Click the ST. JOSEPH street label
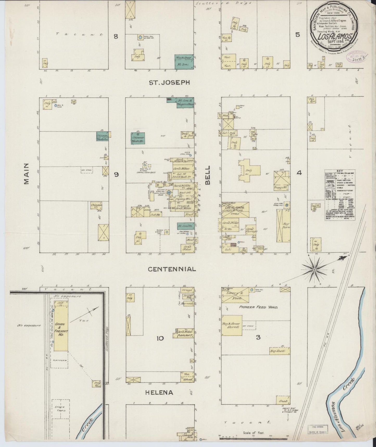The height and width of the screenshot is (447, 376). (x=169, y=83)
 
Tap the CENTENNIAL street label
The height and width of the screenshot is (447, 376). (x=172, y=269)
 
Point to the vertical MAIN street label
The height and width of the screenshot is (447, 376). (x=26, y=174)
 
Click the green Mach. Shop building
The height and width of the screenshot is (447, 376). (x=184, y=62)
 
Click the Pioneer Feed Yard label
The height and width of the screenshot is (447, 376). (x=259, y=307)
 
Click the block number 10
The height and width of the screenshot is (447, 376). (x=160, y=339)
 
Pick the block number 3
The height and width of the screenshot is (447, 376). (x=258, y=337)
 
